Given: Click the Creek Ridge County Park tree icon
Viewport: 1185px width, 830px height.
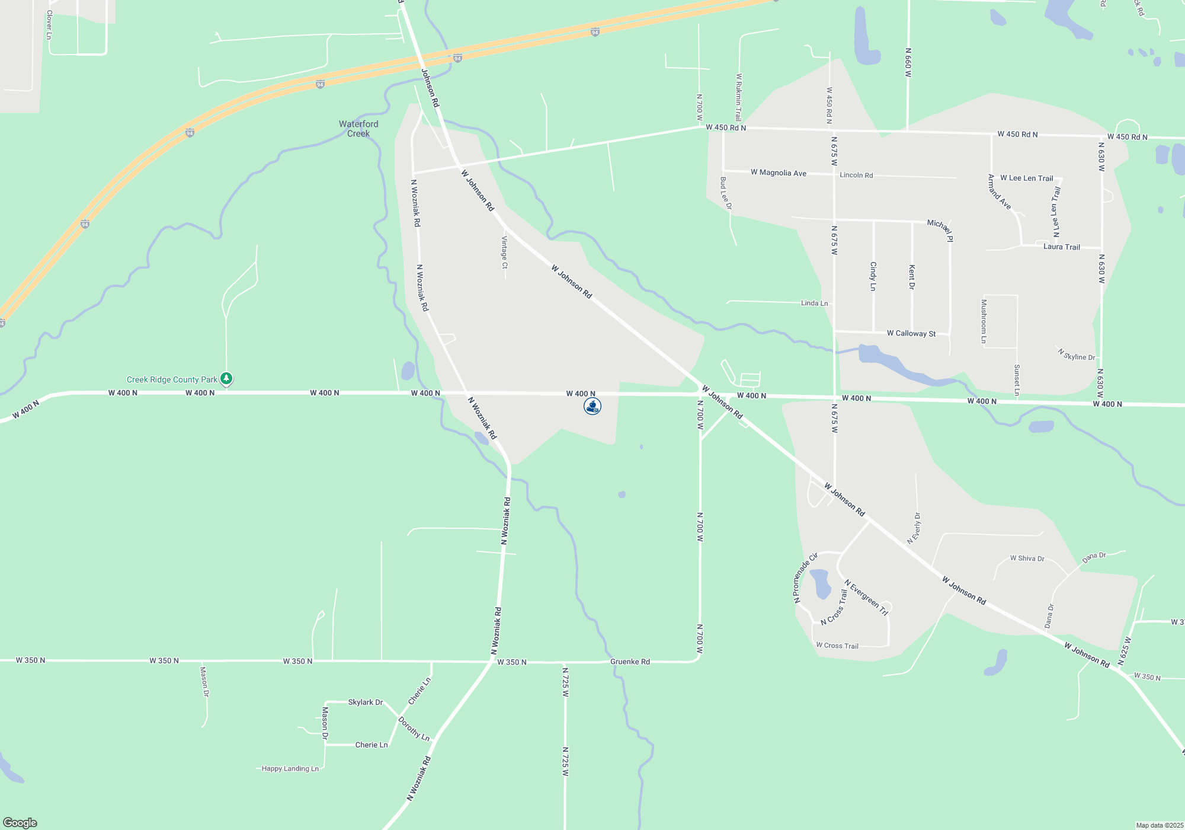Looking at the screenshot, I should click(x=226, y=378).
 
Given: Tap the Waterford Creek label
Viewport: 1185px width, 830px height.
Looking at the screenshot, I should click(x=358, y=129).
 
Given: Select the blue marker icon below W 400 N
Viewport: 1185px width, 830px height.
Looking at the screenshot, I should click(x=592, y=406).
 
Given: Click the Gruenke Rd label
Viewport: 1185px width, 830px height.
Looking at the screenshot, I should click(x=630, y=662).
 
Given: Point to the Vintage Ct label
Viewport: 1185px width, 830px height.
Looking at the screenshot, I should click(x=505, y=252).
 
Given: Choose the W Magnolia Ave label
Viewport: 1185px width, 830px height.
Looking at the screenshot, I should click(x=778, y=173).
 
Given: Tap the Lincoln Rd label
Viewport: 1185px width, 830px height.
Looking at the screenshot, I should click(x=856, y=175).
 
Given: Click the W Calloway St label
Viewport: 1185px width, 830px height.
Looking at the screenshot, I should click(x=911, y=333).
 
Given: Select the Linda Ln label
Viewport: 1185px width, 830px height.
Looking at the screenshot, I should click(x=814, y=303).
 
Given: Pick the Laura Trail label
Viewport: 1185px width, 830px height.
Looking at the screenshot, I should click(x=1061, y=247).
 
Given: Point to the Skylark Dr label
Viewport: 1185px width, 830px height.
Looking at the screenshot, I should click(x=365, y=702).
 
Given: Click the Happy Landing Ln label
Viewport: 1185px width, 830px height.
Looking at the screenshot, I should click(x=290, y=768).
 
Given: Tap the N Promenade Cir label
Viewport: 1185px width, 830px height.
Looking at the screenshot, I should click(x=805, y=578).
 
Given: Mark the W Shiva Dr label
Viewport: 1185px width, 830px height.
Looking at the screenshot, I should click(x=1027, y=558).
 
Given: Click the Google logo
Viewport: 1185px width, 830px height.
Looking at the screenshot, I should click(x=20, y=822).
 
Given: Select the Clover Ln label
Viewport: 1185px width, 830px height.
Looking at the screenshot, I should click(x=49, y=24).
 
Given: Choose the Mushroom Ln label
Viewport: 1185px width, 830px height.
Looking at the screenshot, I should click(x=984, y=321).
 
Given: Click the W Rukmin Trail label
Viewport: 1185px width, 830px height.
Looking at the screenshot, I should click(x=739, y=97).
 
